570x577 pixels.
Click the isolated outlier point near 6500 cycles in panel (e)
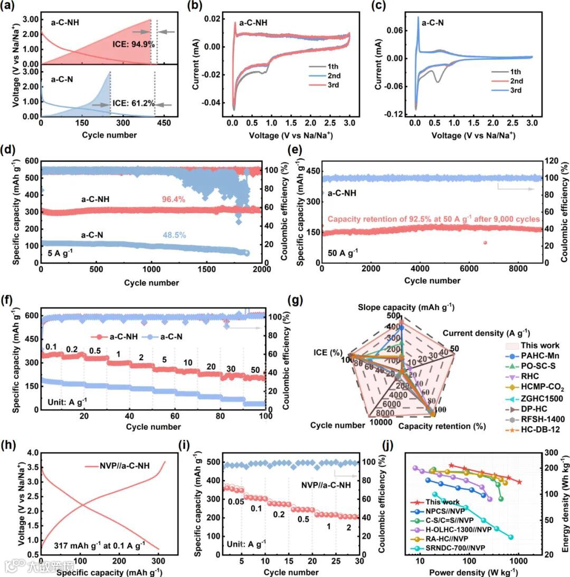(485, 242)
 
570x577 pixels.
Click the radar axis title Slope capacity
(406, 307)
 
